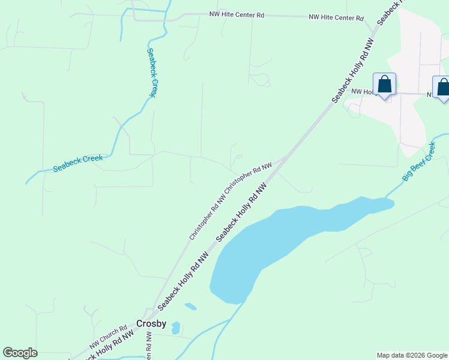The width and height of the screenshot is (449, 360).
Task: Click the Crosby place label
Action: point(151,323)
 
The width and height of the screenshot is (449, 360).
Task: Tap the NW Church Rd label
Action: point(109,337)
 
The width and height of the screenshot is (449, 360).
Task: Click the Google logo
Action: point(20,353)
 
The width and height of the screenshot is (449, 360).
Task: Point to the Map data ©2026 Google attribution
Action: point(411,355)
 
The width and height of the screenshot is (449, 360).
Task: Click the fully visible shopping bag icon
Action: point(384,85)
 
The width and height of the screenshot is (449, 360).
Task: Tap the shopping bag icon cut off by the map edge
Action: point(442,87)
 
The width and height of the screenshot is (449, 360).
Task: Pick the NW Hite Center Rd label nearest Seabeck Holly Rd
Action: point(336,18)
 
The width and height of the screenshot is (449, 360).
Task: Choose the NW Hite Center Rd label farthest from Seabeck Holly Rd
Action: point(237,14)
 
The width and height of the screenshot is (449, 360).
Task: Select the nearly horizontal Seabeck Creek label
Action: point(78,163)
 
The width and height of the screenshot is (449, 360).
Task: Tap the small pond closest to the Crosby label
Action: point(175,328)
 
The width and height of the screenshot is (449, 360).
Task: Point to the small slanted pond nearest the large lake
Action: point(190,307)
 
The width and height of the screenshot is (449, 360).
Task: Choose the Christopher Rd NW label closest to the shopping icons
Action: point(249,177)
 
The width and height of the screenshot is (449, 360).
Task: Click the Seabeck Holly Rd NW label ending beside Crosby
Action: point(184,282)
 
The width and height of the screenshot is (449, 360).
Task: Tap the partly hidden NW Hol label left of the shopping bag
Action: point(363,92)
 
